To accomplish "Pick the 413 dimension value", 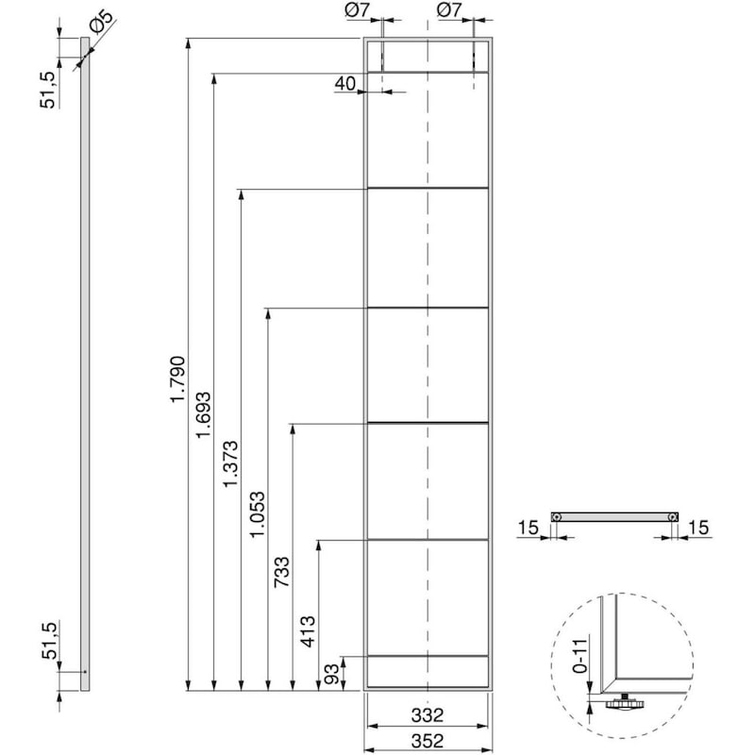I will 309,629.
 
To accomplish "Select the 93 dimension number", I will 332,674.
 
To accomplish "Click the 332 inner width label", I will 428,714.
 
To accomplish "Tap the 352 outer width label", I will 428,740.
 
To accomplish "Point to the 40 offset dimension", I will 344,84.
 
